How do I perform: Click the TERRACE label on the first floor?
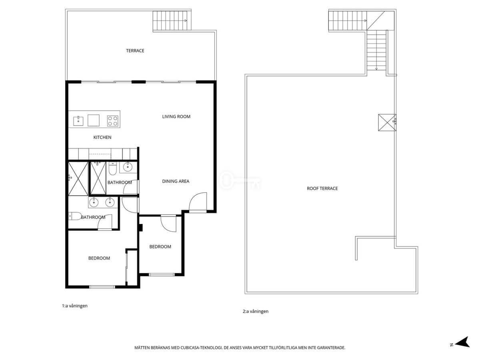tap(135, 51)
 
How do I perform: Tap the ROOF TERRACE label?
tap(322, 188)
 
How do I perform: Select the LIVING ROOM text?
tap(176, 117)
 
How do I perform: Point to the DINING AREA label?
tap(176, 181)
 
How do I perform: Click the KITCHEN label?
tap(102, 137)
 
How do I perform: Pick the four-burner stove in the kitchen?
tap(113, 121)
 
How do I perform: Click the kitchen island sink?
tap(78, 121)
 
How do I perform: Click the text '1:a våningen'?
tap(74, 306)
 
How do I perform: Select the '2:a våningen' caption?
tap(256, 311)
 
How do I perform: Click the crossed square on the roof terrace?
tap(387, 123)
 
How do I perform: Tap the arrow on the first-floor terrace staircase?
tap(186, 20)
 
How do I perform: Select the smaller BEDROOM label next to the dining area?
tap(160, 247)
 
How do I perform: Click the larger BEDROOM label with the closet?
tap(99, 258)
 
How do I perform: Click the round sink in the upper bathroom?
tap(128, 168)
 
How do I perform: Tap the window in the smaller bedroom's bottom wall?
tap(162, 274)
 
